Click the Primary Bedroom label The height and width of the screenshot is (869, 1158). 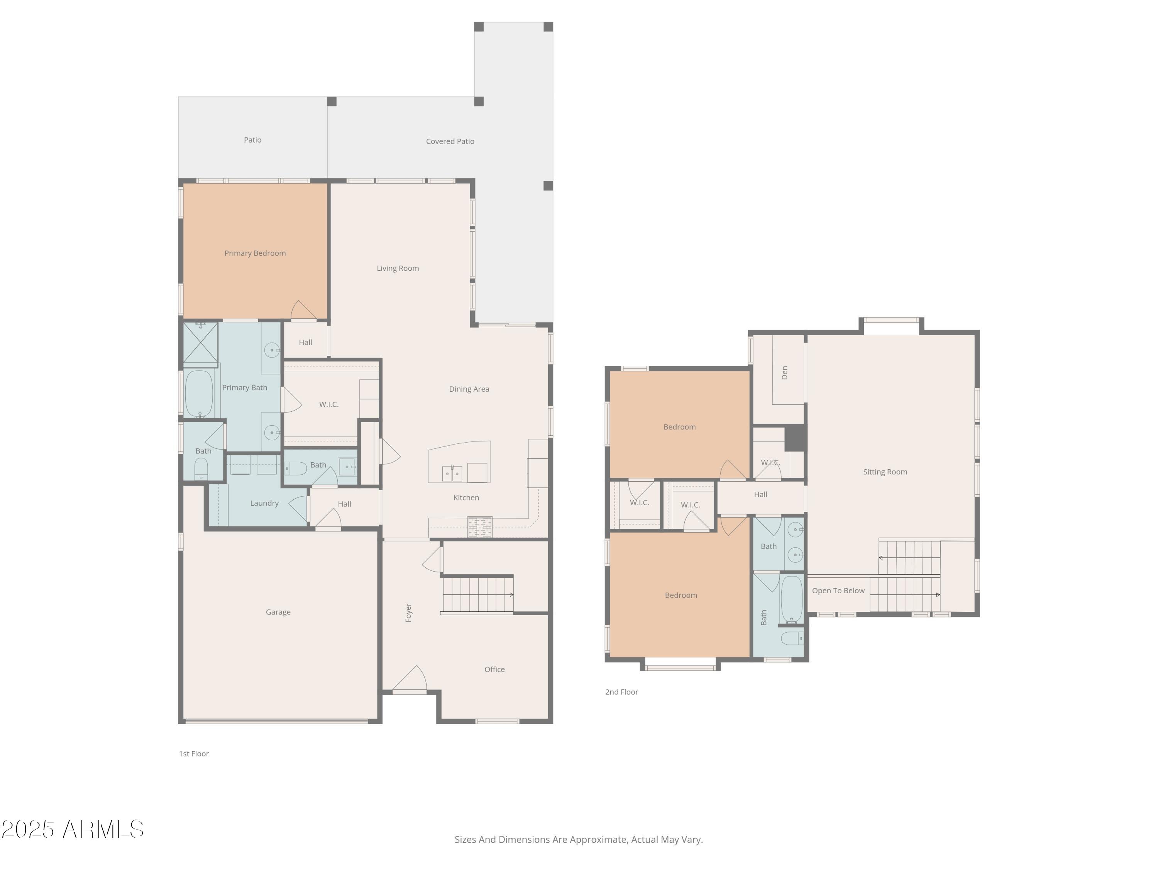(x=255, y=253)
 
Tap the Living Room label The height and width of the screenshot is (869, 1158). (x=398, y=268)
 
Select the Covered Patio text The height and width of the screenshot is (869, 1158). (x=450, y=141)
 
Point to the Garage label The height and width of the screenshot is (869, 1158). (x=278, y=612)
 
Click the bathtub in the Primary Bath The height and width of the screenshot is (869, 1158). (x=199, y=394)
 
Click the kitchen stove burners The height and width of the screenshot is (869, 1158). (x=479, y=527)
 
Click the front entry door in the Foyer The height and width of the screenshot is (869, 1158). (x=410, y=679)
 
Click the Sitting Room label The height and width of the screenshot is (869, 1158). (x=885, y=472)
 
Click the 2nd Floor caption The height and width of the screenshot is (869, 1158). (x=621, y=692)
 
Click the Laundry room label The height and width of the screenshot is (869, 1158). (x=264, y=503)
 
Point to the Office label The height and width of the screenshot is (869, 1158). (x=494, y=669)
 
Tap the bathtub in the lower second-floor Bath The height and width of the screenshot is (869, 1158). (x=792, y=598)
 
